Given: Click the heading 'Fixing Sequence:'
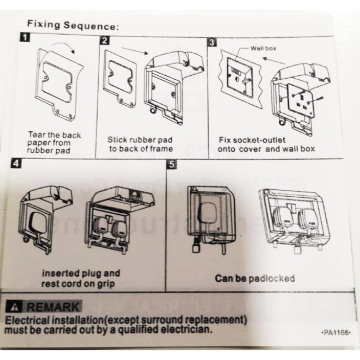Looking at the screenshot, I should pos(73,24).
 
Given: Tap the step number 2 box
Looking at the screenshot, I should pos(105,41).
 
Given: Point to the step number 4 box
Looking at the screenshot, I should pos(17,165).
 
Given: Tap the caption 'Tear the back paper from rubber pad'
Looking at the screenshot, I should pos(54,143).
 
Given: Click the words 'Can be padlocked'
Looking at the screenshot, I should pos(255,278).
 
